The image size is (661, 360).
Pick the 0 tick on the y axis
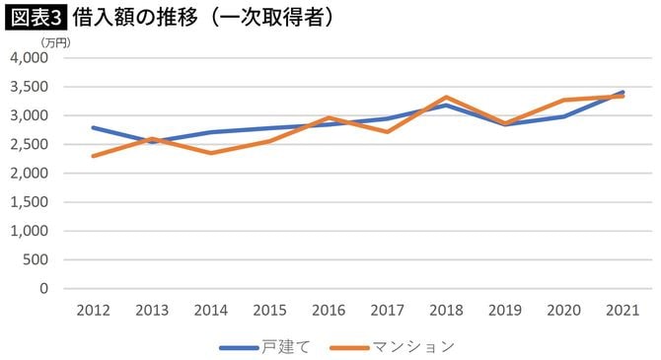[x=43, y=289]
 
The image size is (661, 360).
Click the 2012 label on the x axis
[x=92, y=310]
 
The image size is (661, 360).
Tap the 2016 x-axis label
[x=329, y=310]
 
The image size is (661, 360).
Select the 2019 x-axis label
[x=505, y=310]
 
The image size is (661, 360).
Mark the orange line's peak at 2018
[x=446, y=97]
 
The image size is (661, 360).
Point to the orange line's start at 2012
[x=92, y=156]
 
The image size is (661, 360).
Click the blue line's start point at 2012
[x=92, y=127]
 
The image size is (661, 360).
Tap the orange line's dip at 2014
[x=210, y=153]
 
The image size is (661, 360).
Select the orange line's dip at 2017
[x=387, y=131]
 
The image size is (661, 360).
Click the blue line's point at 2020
[x=564, y=116]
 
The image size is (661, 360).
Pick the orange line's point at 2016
[x=329, y=117]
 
